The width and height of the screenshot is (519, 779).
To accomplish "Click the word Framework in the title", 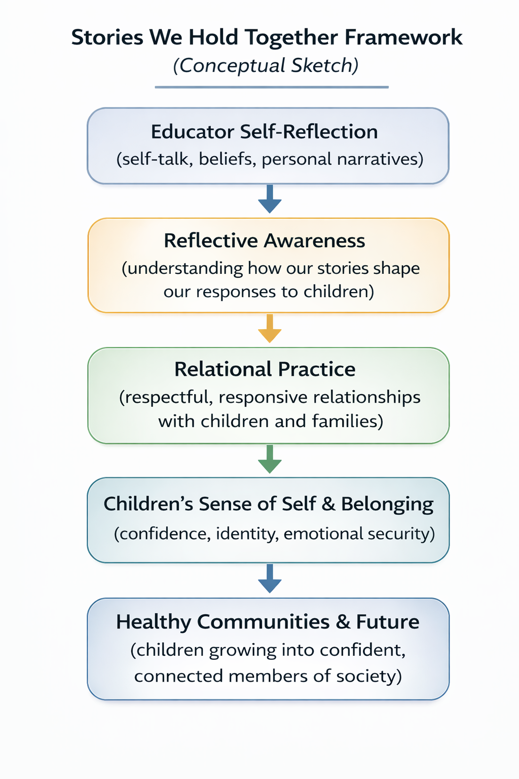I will coord(403,38).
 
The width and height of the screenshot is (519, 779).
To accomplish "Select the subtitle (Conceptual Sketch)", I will coord(266,66).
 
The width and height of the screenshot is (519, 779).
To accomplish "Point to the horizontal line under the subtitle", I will coord(272,87).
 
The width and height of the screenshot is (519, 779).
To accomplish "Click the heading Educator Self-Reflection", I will coord(264,132).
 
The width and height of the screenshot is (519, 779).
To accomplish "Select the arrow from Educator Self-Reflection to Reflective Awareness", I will coord(270,199).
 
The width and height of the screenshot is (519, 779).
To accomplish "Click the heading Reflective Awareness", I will coord(264,240).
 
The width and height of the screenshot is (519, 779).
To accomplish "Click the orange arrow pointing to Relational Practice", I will coord(270,329).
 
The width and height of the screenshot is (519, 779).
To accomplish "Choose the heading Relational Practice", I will coord(265,369).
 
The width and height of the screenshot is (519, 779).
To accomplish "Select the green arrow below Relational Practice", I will coord(270,459).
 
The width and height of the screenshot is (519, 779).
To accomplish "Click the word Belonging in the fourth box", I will coord(387,504).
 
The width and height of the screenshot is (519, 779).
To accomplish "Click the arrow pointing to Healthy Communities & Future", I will coord(270,579).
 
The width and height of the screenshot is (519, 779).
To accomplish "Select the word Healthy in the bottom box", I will coord(153,622).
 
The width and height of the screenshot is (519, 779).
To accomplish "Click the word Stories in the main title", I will coord(107,38).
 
